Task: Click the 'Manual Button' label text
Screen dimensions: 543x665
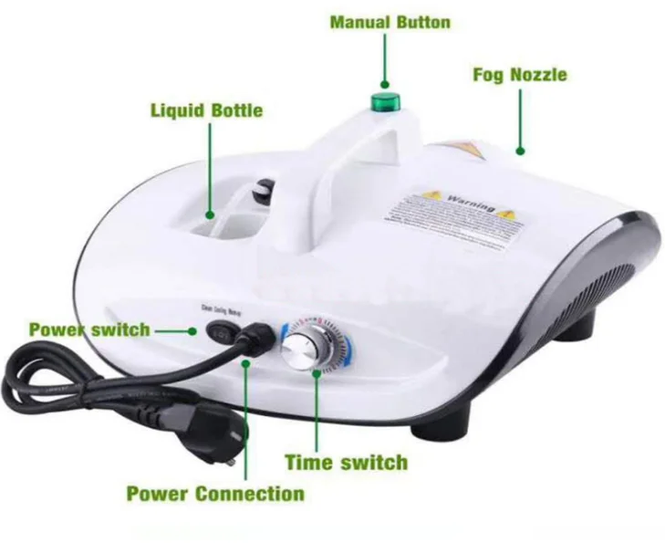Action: pyautogui.click(x=390, y=22)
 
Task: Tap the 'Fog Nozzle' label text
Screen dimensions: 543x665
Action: pyautogui.click(x=519, y=75)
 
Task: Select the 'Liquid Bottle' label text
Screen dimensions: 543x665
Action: pyautogui.click(x=206, y=111)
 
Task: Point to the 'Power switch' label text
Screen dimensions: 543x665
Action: pyautogui.click(x=89, y=329)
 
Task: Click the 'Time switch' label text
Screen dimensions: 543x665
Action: pyautogui.click(x=346, y=461)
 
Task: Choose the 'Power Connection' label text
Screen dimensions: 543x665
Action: pyautogui.click(x=215, y=494)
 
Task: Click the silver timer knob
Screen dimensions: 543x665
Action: pyautogui.click(x=304, y=350)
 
